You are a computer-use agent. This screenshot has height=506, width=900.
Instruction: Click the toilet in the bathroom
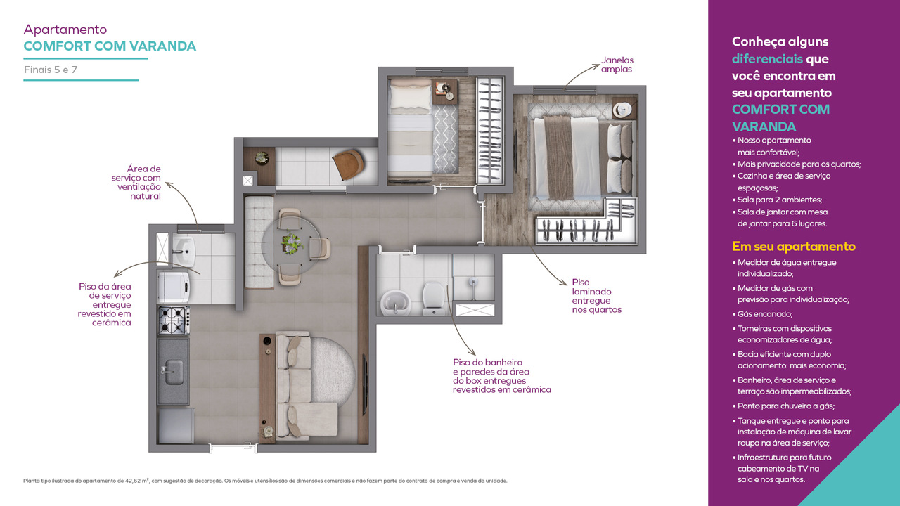point(434,299)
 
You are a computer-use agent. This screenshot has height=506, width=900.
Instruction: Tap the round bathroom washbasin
point(396,302)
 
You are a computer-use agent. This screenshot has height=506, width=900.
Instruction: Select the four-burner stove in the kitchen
point(174,320)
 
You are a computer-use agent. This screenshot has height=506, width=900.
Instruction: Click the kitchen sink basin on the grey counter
point(174,369)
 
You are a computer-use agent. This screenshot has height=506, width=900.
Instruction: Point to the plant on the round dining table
point(292,242)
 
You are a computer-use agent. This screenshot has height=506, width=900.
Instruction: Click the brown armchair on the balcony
point(348,164)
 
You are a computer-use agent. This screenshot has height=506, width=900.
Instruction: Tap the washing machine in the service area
point(174,287)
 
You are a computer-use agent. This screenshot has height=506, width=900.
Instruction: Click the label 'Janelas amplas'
point(617,65)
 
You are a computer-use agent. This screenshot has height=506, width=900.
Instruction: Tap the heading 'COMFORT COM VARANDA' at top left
point(110,46)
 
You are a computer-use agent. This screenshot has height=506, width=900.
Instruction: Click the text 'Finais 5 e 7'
point(51,70)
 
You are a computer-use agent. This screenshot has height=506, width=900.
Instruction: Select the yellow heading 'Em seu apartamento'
point(794,246)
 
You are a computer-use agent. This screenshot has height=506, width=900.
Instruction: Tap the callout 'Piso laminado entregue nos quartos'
point(597,296)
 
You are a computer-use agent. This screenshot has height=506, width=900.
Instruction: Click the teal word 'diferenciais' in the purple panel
point(767,59)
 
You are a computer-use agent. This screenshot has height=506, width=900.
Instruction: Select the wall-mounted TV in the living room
point(365,384)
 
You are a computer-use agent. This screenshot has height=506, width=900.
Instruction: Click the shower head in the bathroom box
point(473,282)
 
